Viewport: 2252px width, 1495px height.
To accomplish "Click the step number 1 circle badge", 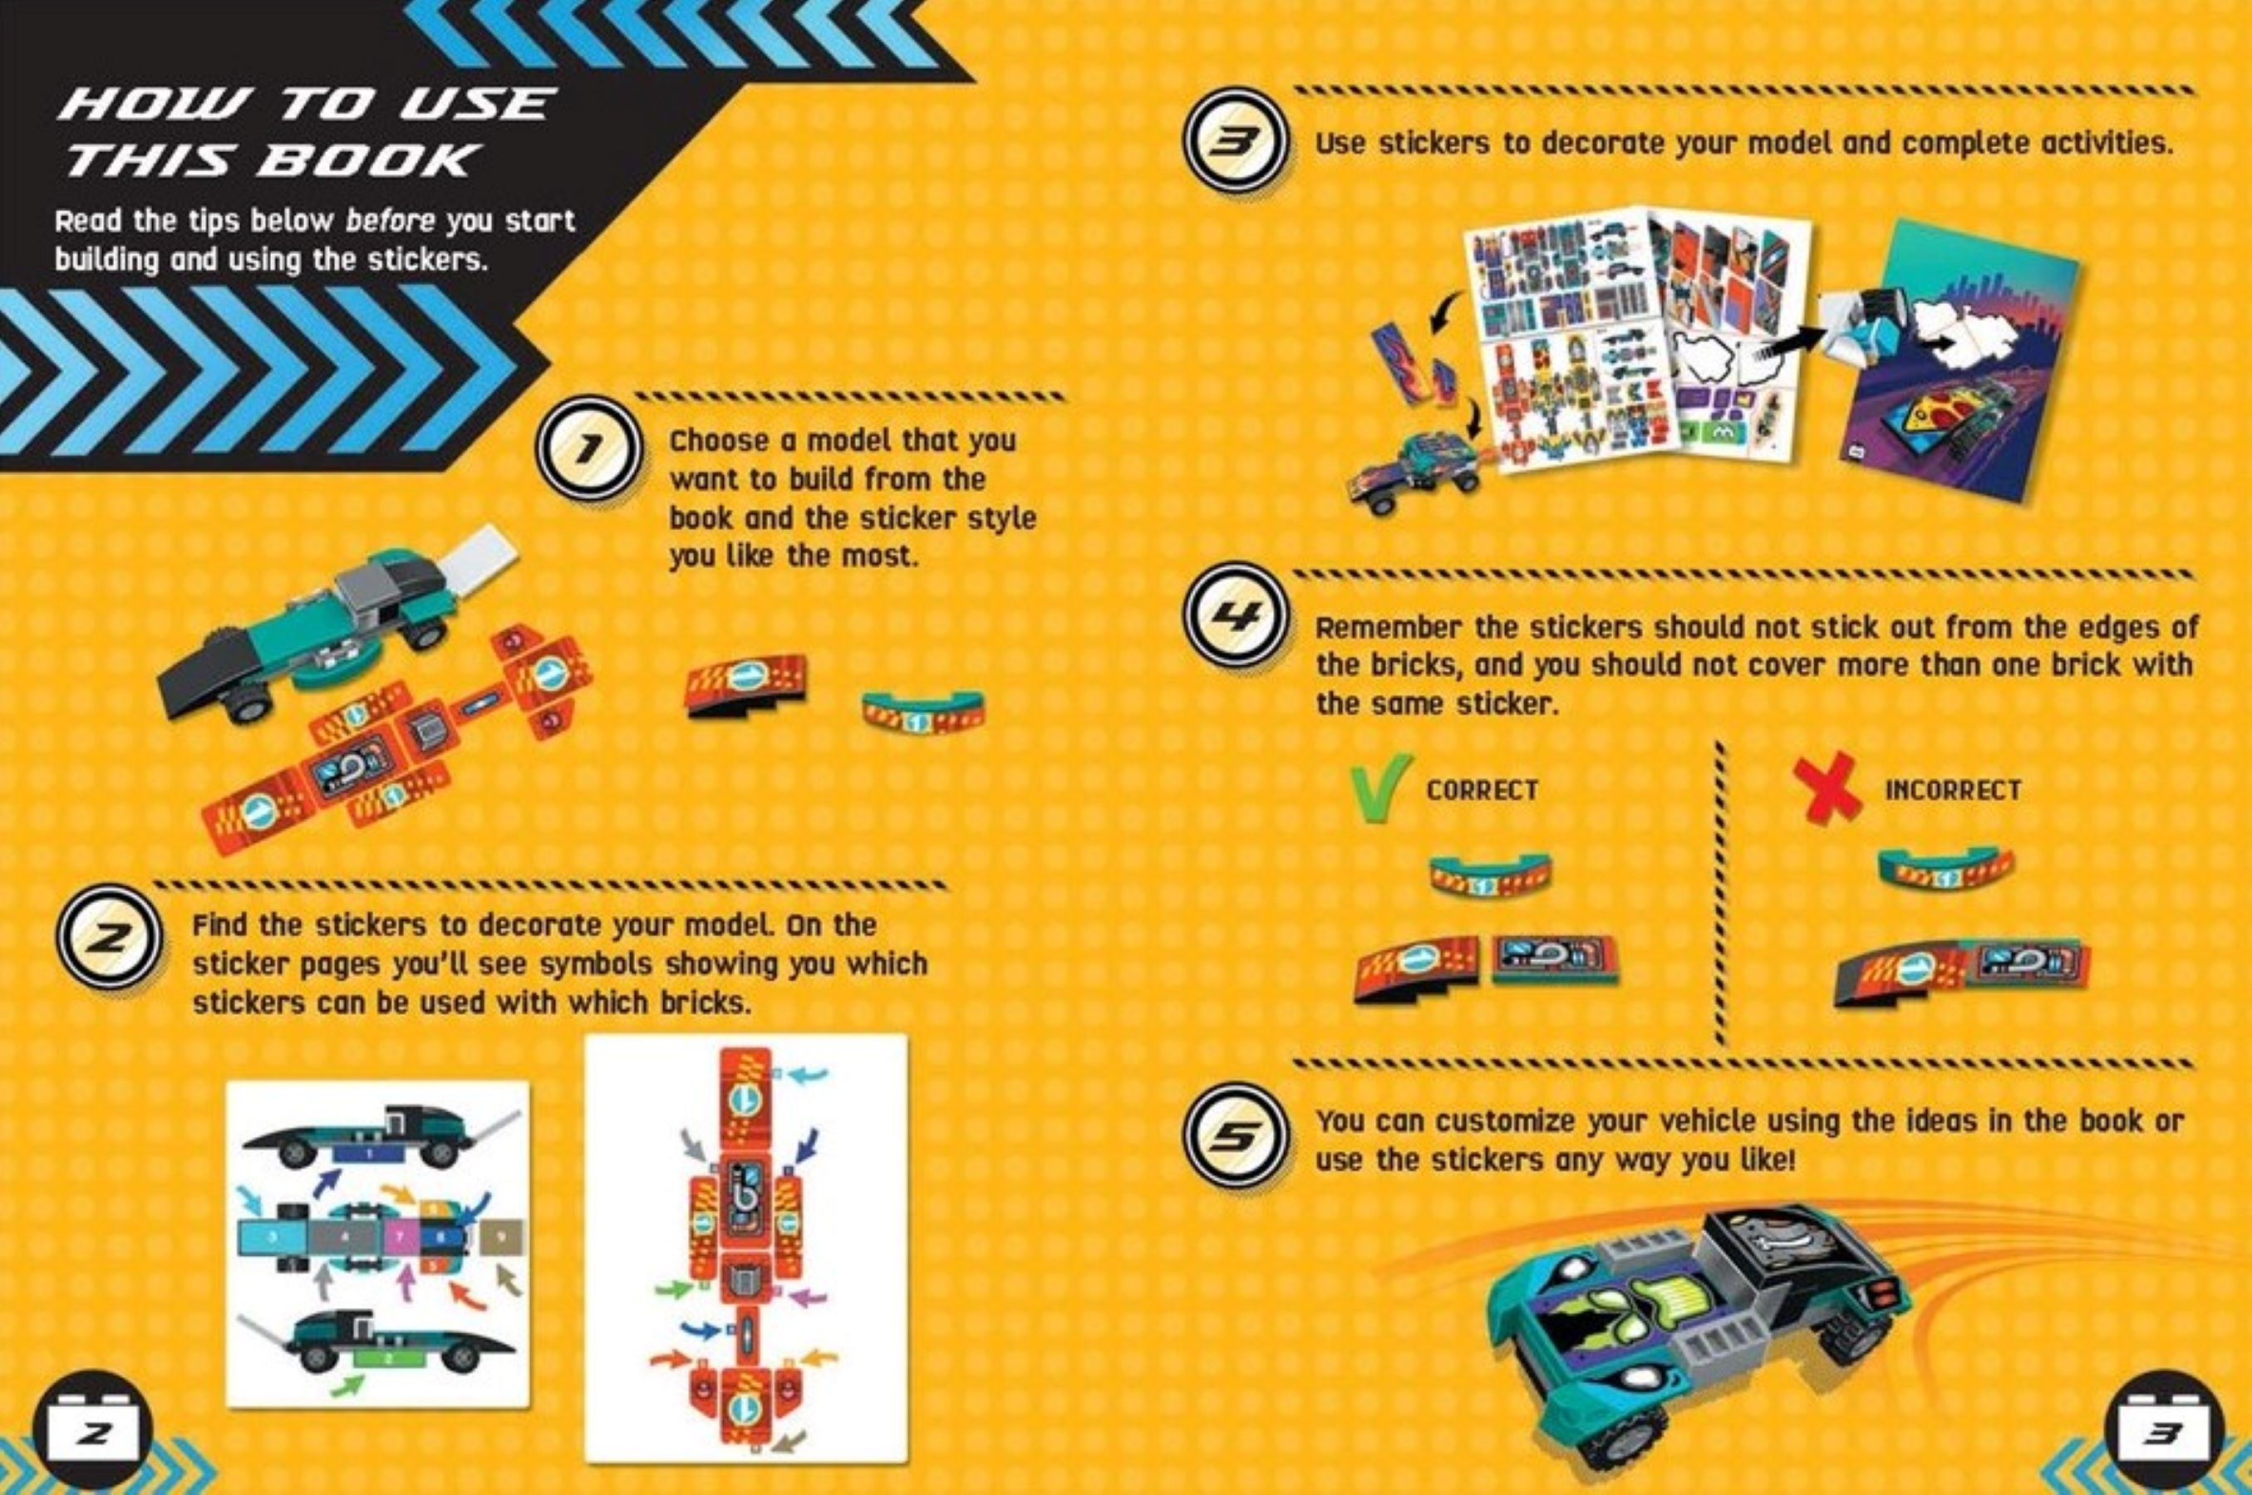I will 588,450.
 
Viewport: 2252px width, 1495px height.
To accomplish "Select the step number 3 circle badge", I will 1237,141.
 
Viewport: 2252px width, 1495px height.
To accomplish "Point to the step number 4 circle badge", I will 1237,614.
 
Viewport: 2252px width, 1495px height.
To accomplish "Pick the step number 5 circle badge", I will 1237,1135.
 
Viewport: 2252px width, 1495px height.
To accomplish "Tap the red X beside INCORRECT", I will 1827,787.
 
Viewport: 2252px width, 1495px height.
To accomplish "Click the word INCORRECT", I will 1953,790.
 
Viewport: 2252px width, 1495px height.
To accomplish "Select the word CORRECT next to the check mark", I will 1482,790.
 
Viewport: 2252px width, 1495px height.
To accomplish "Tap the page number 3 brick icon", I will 2163,1433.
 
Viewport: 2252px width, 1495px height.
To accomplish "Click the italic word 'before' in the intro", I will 390,221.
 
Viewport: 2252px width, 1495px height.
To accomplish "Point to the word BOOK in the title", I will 366,160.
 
